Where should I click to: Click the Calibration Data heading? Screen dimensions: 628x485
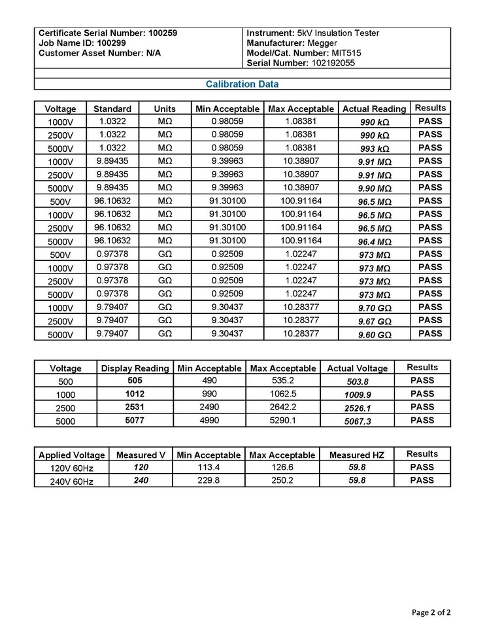click(242, 84)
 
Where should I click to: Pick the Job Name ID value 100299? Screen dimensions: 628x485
click(112, 43)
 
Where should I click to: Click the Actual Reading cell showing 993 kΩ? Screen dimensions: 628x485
click(375, 148)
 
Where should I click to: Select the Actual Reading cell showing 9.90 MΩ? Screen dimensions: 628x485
click(375, 188)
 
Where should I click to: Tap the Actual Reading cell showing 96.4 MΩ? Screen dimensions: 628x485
click(375, 241)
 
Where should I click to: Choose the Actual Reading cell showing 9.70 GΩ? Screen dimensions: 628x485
click(375, 308)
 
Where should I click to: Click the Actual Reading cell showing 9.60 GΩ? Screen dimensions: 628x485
click(375, 335)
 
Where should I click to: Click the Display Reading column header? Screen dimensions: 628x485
click(135, 368)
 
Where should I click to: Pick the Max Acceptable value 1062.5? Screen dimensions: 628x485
click(283, 394)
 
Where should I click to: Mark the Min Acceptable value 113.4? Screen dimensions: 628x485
click(210, 468)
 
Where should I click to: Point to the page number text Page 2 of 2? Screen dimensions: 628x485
click(431, 613)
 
